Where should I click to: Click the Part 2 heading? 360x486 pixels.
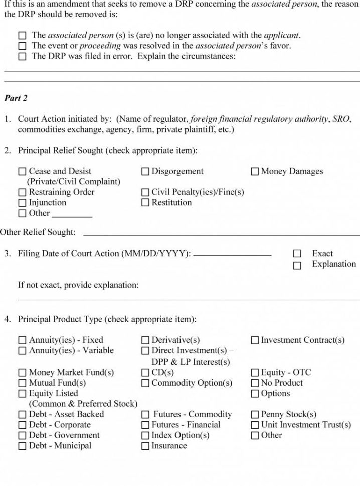16,98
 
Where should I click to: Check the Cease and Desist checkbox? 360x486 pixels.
22,172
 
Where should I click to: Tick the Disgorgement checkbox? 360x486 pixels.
145,172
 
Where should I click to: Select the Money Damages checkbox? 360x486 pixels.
255,172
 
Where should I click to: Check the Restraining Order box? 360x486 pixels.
22,192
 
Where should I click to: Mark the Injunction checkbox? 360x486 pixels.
22,203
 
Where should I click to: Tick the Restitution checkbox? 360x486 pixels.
145,203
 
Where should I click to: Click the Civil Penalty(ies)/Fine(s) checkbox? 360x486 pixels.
145,192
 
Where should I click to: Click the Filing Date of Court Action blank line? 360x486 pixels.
232,255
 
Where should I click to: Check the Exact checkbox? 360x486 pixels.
297,254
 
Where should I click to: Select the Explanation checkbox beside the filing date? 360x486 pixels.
297,265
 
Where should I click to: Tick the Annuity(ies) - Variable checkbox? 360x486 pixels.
22,351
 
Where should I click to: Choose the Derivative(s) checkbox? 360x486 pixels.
145,340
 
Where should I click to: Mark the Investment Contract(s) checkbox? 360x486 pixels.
255,340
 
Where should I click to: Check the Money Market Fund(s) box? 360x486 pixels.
22,373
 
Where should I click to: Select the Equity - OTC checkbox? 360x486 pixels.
255,373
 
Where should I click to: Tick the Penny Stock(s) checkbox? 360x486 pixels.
255,415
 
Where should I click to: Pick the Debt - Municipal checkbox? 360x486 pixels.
22,446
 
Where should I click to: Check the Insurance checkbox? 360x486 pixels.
145,446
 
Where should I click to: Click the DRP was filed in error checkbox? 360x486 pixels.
22,57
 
